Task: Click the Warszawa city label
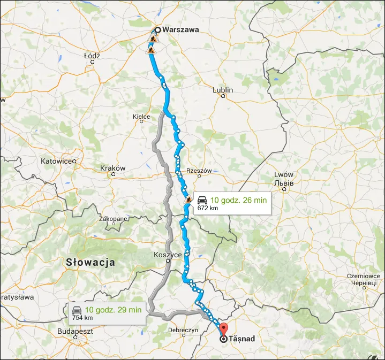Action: point(180,30)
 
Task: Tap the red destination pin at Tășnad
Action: point(224,329)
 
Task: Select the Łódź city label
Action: point(92,55)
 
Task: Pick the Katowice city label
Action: point(59,160)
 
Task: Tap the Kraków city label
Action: point(113,168)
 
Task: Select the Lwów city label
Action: point(284,175)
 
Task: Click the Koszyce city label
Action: point(168,255)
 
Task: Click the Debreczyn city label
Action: point(183,330)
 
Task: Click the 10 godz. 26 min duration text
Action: point(238,200)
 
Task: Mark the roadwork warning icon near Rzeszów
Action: point(188,201)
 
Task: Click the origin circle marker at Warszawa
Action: point(158,30)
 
